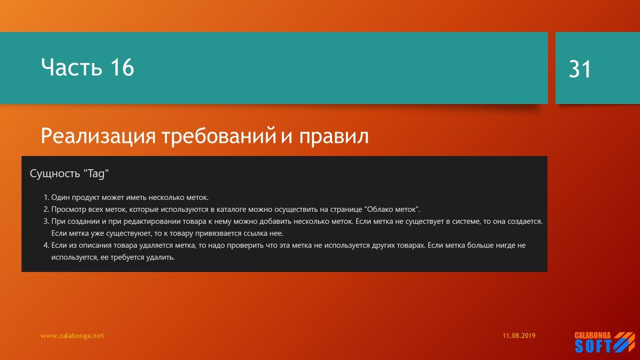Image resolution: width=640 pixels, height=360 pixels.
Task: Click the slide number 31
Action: [x=580, y=69]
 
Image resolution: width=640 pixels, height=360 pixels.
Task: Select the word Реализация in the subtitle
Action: [x=98, y=136]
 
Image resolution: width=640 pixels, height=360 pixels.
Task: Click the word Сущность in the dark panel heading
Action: [x=55, y=173]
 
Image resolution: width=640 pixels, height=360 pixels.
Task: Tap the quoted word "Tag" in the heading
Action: [x=96, y=173]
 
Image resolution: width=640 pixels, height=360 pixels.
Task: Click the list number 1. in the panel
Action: [x=46, y=197]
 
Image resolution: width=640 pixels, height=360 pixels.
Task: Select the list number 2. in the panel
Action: [x=46, y=209]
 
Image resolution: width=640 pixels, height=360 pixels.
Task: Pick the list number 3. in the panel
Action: [x=46, y=221]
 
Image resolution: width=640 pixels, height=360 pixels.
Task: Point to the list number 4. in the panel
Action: [x=46, y=245]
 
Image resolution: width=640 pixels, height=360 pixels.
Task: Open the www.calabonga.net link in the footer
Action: [x=72, y=336]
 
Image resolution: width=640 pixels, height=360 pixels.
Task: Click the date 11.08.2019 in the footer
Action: [x=519, y=336]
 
